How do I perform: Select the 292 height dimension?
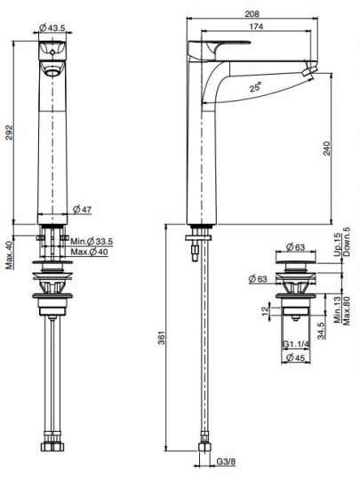pos(9,133)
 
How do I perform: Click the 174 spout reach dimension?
pos(257,28)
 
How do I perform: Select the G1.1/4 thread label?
pos(297,343)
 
